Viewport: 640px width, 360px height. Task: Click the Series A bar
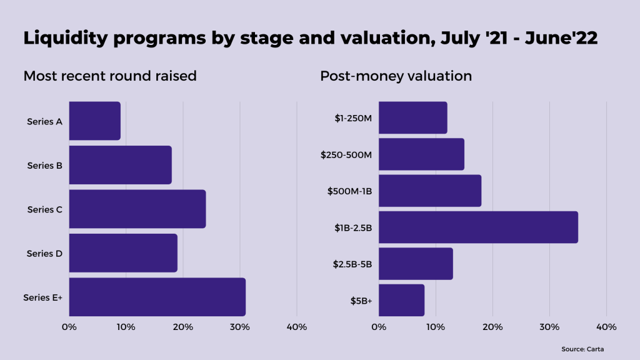94,121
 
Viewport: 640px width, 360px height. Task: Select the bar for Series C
137,209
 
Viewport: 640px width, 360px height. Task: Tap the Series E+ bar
157,297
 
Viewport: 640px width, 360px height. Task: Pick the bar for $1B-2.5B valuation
478,227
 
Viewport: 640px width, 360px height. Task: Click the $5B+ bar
401,300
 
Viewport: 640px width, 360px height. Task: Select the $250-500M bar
421,154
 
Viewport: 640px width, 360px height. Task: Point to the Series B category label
44,166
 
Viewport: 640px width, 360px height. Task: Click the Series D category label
44,254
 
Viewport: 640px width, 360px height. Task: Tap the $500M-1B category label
349,191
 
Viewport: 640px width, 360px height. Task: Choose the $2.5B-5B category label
352,264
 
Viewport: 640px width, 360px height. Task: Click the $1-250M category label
353,117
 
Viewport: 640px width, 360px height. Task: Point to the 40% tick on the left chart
296,327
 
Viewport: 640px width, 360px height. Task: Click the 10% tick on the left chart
126,327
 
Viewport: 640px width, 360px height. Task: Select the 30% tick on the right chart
549,327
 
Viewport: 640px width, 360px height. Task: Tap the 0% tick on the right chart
379,327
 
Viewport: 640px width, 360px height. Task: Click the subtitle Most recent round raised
110,76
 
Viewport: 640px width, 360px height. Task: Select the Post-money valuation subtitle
396,76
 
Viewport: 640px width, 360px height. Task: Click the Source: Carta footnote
582,349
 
